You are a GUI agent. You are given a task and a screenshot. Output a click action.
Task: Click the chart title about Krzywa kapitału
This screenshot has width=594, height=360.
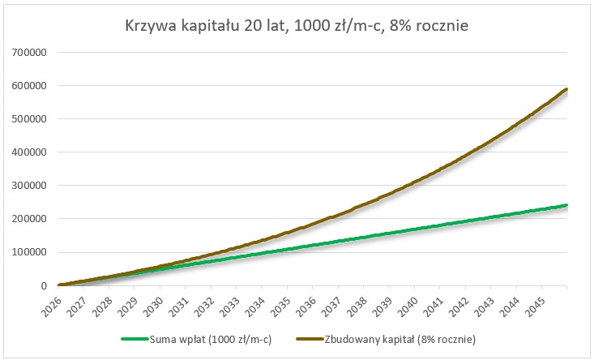[297, 26]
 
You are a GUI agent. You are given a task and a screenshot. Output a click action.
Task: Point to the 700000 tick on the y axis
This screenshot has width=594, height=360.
[30, 53]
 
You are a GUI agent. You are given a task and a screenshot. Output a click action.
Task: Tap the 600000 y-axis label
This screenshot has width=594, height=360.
[30, 86]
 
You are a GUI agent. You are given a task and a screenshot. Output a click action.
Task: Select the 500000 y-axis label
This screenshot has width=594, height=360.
[30, 119]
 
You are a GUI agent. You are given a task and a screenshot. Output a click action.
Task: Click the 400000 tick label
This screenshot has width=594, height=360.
[30, 152]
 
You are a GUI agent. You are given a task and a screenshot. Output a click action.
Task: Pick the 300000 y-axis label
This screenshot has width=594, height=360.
[30, 186]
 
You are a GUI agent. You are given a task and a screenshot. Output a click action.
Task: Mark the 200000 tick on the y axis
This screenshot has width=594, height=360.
[30, 219]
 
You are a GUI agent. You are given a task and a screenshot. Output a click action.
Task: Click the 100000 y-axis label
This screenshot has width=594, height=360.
[30, 252]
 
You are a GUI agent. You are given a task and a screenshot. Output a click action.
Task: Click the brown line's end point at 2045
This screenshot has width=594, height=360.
[566, 89]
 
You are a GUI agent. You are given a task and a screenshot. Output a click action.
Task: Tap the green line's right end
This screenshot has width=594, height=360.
[566, 205]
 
